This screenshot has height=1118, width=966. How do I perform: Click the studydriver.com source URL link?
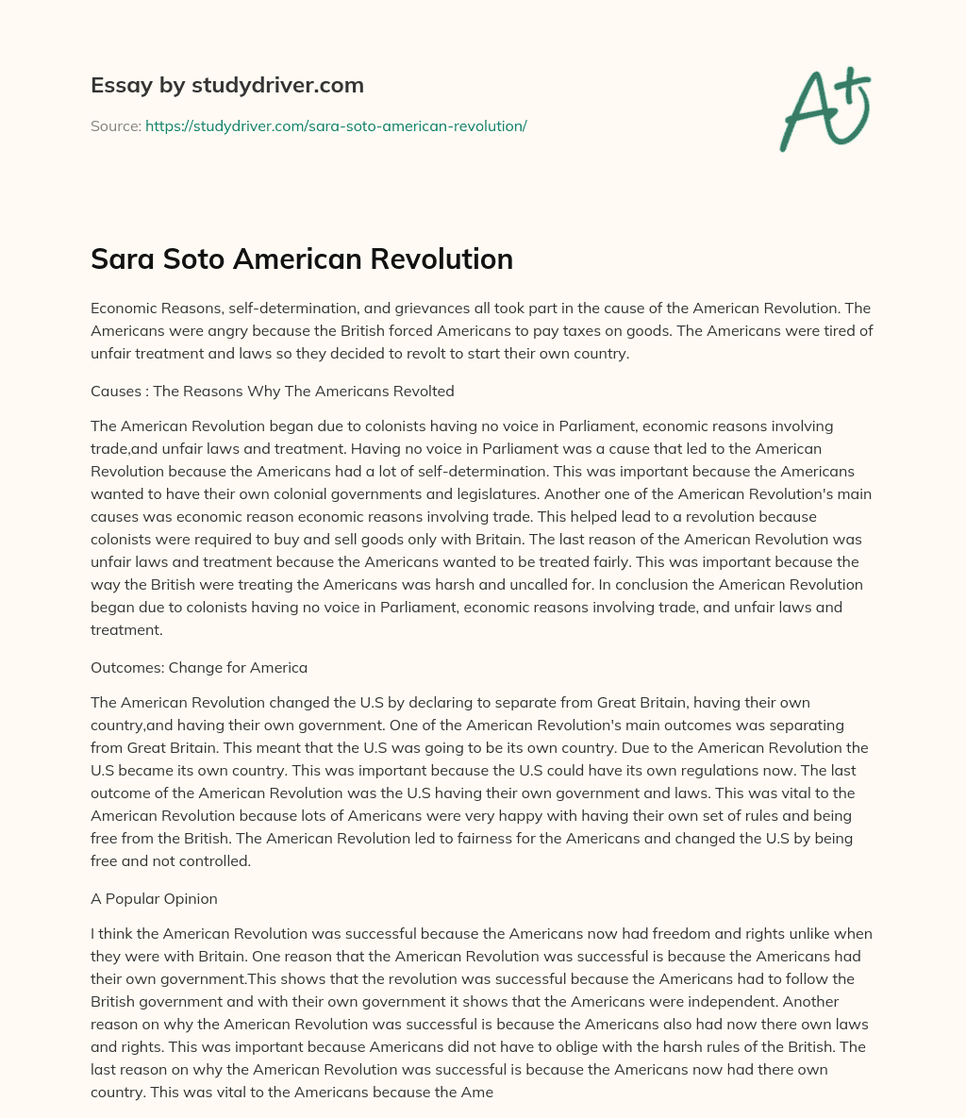(336, 125)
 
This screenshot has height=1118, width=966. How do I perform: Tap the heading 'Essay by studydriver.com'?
(226, 85)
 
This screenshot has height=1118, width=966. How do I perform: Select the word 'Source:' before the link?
(115, 125)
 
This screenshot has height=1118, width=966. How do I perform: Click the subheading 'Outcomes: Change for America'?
(199, 667)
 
